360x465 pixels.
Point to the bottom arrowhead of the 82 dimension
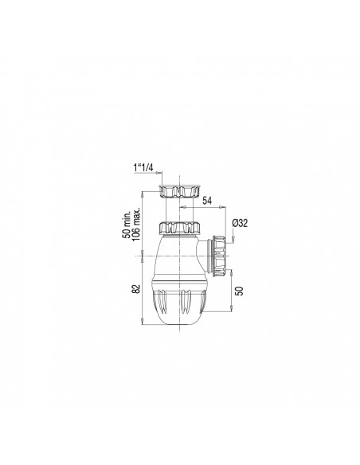pos(143,322)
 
